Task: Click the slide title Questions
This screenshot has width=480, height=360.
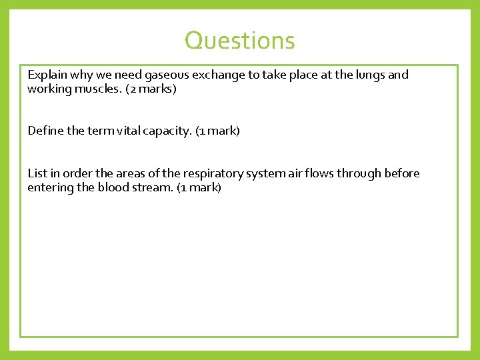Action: click(x=239, y=41)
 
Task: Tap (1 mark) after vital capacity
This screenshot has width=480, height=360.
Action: click(x=217, y=131)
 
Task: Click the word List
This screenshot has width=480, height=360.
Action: click(x=37, y=173)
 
